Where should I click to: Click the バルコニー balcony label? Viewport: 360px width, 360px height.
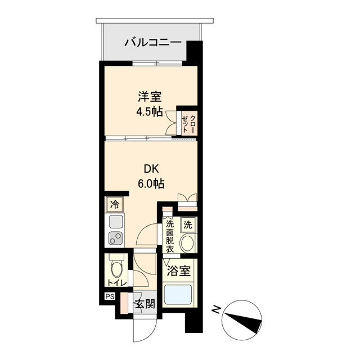(152, 42)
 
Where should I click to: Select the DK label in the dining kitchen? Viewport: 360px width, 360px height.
(150, 167)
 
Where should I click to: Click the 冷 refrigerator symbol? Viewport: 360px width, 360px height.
(115, 204)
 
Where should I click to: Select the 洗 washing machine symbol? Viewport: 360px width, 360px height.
(188, 225)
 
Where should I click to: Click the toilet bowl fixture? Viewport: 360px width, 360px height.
(116, 265)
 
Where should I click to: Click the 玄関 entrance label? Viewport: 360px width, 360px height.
(144, 304)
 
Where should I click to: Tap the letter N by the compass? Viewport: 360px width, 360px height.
(215, 309)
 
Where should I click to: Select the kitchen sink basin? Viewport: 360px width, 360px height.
(116, 222)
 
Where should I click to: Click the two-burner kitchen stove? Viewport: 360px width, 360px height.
(116, 238)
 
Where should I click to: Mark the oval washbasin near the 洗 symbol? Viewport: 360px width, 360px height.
(187, 243)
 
